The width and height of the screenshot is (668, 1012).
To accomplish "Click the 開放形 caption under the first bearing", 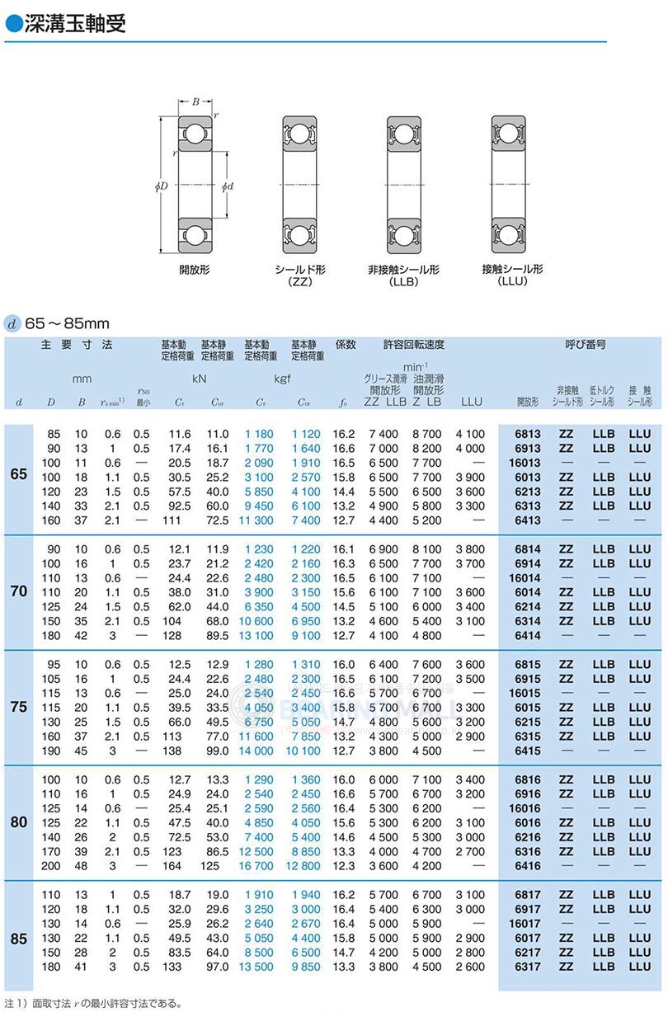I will pyautogui.click(x=195, y=269).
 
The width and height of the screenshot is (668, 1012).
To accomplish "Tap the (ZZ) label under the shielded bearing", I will pyautogui.click(x=299, y=281).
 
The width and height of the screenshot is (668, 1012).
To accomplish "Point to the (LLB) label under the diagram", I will pyautogui.click(x=403, y=281).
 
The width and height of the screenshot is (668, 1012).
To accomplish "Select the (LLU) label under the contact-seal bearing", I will pyautogui.click(x=512, y=281).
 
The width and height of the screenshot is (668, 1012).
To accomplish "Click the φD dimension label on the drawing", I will pyautogui.click(x=161, y=186).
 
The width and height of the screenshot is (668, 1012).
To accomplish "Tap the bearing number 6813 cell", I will pyautogui.click(x=527, y=434).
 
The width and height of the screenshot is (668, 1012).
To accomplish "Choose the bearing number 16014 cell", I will pyautogui.click(x=525, y=578).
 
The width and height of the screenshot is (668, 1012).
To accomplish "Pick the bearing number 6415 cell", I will pyautogui.click(x=527, y=751).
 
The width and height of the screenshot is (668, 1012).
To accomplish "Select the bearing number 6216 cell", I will pyautogui.click(x=527, y=837).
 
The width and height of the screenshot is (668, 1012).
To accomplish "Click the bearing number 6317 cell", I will pyautogui.click(x=527, y=967).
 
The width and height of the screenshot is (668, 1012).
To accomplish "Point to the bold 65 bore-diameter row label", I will pyautogui.click(x=18, y=476).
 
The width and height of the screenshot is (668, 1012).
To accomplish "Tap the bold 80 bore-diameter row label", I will pyautogui.click(x=18, y=822).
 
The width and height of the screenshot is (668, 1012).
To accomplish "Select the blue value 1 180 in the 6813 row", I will pyautogui.click(x=258, y=434).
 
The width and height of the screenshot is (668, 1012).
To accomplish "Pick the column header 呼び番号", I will pyautogui.click(x=585, y=344).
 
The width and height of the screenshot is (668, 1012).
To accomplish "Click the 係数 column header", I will pyautogui.click(x=345, y=344).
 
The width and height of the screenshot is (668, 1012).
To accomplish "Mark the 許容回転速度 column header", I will pyautogui.click(x=414, y=344).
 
